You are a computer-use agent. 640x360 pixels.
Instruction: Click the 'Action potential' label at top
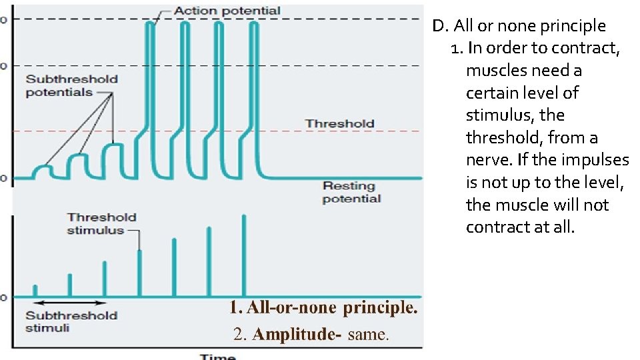pyautogui.click(x=227, y=11)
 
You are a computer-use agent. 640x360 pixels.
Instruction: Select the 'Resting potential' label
pyautogui.click(x=351, y=192)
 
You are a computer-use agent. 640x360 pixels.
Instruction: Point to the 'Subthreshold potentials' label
pyautogui.click(x=71, y=85)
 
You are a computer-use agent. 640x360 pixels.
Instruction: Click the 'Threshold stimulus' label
pyautogui.click(x=101, y=223)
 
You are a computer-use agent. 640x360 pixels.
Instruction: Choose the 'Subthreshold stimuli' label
pyautogui.click(x=71, y=321)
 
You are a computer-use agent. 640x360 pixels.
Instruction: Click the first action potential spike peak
pyautogui.click(x=151, y=24)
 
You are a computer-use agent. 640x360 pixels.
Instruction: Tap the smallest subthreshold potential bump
pyautogui.click(x=45, y=167)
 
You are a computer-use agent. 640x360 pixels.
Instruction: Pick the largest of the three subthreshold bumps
pyautogui.click(x=115, y=145)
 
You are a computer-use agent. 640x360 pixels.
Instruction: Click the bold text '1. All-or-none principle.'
pyautogui.click(x=323, y=308)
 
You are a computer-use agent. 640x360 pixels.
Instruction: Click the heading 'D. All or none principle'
pyautogui.click(x=519, y=26)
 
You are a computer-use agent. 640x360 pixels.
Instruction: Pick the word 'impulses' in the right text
pyautogui.click(x=599, y=160)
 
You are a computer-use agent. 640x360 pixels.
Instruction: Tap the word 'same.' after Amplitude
pyautogui.click(x=368, y=334)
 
